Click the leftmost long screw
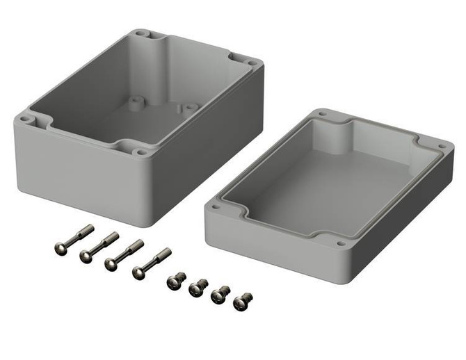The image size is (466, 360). [x=72, y=238]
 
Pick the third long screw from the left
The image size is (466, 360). [x=124, y=255]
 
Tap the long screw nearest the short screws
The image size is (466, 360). [x=152, y=263]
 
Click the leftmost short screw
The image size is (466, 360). [x=176, y=281]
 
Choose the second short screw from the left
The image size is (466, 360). [x=198, y=287]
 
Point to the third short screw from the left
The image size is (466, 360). [x=221, y=295]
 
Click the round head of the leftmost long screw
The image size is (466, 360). [x=61, y=246]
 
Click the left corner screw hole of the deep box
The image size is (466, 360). [x=26, y=119]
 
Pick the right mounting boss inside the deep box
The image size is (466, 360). [x=190, y=108]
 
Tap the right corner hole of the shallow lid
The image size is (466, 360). [x=440, y=147]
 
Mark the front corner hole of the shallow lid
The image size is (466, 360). [x=340, y=244]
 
